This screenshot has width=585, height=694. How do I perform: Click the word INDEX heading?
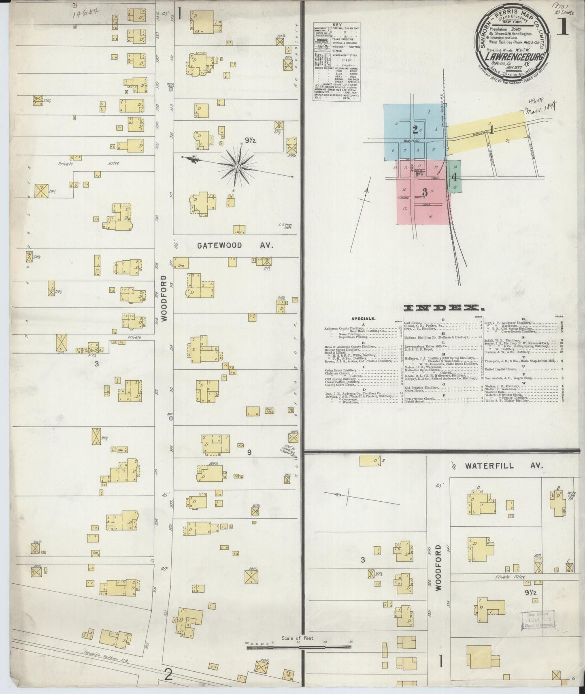(441, 309)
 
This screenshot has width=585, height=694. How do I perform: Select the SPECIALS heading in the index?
(363, 319)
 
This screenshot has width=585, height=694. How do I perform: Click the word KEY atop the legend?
(337, 25)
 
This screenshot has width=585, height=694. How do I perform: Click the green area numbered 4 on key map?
(455, 177)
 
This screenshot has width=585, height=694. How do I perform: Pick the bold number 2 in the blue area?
(415, 130)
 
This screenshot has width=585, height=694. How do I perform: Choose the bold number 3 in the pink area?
(424, 192)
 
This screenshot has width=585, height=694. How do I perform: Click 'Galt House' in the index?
(413, 323)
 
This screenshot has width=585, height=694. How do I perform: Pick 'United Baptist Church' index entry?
(502, 369)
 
